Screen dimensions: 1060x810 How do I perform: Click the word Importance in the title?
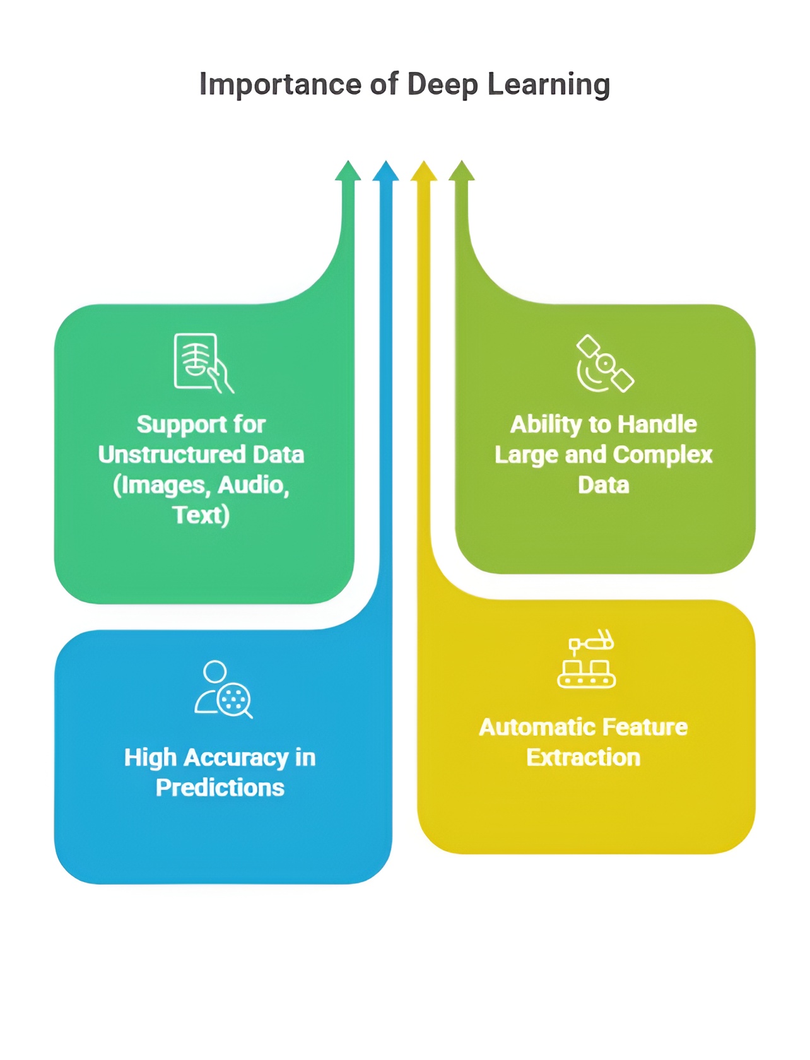[280, 85]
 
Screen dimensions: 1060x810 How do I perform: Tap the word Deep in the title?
[442, 85]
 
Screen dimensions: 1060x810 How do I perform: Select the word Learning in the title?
[548, 85]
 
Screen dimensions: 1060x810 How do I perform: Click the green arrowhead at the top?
[348, 172]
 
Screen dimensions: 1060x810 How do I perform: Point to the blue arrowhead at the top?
[385, 172]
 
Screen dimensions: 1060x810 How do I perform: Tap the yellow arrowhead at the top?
[424, 172]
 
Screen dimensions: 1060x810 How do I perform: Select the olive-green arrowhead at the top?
[462, 172]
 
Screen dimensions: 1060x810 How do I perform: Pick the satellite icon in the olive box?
[604, 364]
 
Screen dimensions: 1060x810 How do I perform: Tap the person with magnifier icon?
[223, 690]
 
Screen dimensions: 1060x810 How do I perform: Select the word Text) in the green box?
[201, 515]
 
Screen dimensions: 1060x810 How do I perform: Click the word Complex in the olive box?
[662, 455]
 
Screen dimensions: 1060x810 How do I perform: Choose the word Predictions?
[220, 788]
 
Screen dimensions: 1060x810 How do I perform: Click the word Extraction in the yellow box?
[583, 758]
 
